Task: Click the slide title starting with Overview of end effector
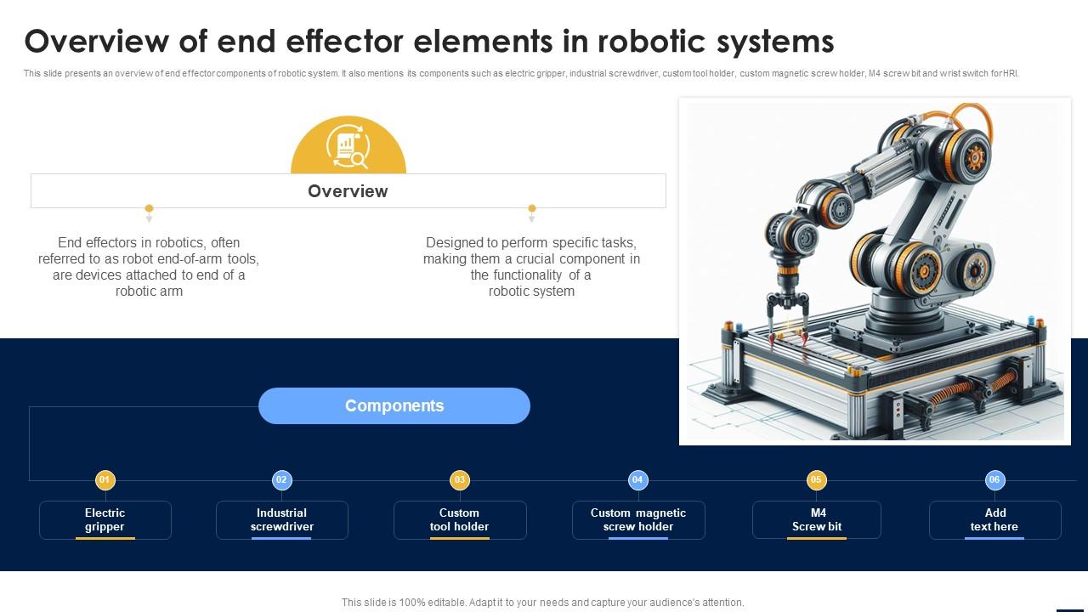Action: [429, 41]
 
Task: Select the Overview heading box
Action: [348, 191]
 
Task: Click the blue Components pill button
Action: [394, 405]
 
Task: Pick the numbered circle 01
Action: [105, 480]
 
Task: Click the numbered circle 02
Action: [282, 480]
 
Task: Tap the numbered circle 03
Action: [460, 480]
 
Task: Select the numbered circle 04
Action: [637, 480]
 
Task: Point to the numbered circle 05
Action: [816, 480]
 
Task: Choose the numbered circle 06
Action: [994, 480]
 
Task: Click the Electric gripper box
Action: [105, 519]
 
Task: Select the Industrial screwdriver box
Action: [282, 519]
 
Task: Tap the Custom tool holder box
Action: [460, 519]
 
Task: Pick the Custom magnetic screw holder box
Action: [638, 519]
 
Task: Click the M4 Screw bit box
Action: [817, 519]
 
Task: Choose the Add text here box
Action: [995, 519]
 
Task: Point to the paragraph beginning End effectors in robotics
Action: [149, 267]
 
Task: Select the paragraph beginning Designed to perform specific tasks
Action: [532, 267]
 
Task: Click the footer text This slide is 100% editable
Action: [542, 602]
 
